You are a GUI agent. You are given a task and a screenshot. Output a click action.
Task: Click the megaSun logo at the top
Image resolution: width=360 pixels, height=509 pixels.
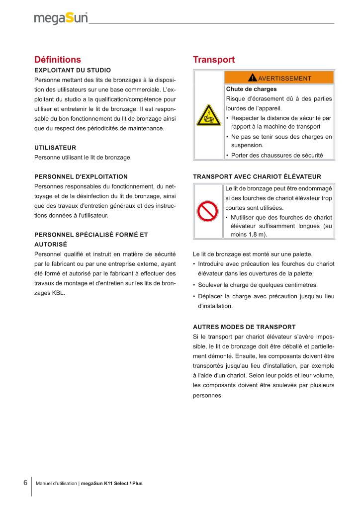point(61,18)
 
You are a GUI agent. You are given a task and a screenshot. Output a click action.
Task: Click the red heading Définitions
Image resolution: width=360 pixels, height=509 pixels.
point(57,60)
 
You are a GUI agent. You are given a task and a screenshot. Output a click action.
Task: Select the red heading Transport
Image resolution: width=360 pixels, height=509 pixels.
point(213,60)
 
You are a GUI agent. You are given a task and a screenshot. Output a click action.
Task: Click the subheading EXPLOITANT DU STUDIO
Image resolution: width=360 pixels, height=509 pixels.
point(73,70)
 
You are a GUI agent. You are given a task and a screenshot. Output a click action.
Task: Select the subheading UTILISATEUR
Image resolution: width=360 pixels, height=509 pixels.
point(55,148)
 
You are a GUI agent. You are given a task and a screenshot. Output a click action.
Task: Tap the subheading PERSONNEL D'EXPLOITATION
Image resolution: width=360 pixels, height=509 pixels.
point(81,176)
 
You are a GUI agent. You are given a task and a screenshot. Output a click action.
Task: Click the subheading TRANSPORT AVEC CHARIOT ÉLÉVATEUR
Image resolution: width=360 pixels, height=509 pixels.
point(257,176)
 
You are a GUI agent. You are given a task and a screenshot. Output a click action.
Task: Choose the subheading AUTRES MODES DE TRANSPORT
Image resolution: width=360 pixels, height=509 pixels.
point(244,327)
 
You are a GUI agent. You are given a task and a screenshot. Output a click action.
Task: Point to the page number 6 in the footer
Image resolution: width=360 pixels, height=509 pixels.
point(25,483)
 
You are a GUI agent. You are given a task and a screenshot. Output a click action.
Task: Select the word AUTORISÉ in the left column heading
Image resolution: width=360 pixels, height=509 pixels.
point(50,245)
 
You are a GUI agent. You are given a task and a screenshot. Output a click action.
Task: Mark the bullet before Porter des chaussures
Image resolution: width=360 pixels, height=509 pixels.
point(227,156)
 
